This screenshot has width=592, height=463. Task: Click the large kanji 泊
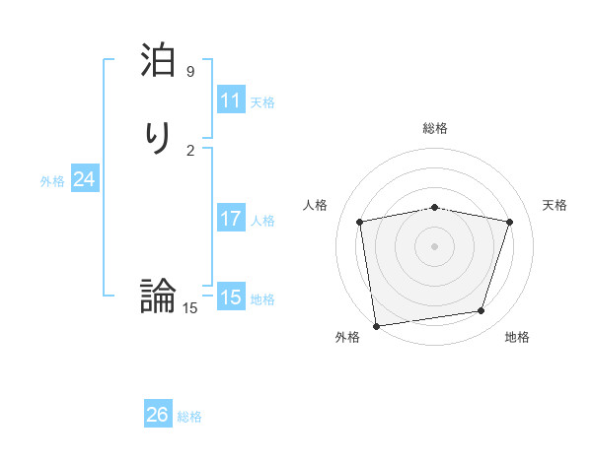pyautogui.click(x=159, y=62)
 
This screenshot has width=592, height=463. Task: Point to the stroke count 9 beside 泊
pyautogui.click(x=190, y=72)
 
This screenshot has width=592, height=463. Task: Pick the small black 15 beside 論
pyautogui.click(x=189, y=308)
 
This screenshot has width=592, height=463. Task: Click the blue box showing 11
pyautogui.click(x=231, y=100)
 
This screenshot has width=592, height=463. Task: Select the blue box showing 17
pyautogui.click(x=231, y=219)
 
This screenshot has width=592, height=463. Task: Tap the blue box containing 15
pyautogui.click(x=231, y=298)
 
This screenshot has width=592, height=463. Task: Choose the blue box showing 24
pyautogui.click(x=85, y=179)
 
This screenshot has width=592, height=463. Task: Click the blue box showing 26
pyautogui.click(x=158, y=415)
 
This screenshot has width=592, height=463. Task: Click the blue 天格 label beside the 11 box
pyautogui.click(x=262, y=102)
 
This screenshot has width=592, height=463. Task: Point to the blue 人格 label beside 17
pyautogui.click(x=262, y=221)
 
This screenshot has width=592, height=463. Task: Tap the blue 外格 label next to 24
pyautogui.click(x=52, y=181)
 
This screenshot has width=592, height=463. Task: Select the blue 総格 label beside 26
pyautogui.click(x=189, y=417)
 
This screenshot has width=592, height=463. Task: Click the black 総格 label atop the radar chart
pyautogui.click(x=435, y=128)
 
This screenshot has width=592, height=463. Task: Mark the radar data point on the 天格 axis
pyautogui.click(x=510, y=222)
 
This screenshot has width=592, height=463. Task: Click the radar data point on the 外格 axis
pyautogui.click(x=376, y=324)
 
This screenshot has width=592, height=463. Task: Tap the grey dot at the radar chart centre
pyautogui.click(x=435, y=245)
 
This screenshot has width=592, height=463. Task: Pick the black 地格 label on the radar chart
pyautogui.click(x=517, y=337)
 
